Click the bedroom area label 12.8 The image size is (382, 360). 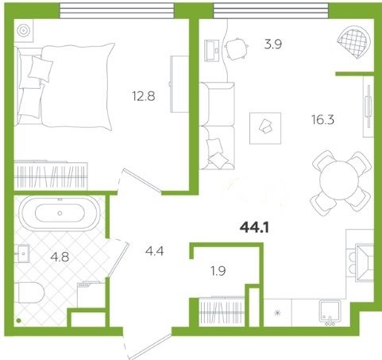pos(144,96)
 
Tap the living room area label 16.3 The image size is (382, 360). pos(322,119)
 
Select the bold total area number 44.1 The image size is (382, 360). pos(254,228)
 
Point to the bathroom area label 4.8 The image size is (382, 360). pos(60,257)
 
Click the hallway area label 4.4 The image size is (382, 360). pos(155,250)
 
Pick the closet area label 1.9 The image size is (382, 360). pos(218,271)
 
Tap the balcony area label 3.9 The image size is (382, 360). pos(273,45)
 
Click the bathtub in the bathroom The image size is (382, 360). pos(60,213)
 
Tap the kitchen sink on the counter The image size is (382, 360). pos(330,312)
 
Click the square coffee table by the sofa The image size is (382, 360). pos(265,128)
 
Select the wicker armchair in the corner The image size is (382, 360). pos(353,41)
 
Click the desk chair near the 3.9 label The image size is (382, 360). pos(236,49)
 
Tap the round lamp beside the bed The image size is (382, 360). pos(23,31)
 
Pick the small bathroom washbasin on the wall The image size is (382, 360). pos(22,254)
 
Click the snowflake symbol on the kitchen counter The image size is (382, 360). pos(277,313)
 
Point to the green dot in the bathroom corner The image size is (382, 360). pos(18,320)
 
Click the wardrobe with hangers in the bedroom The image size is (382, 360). pos(51,175)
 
